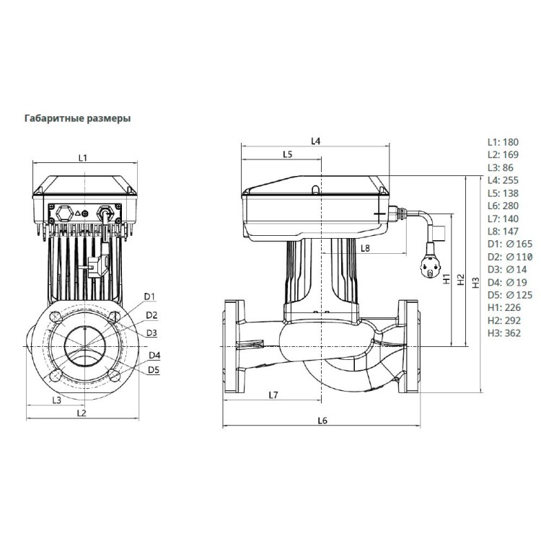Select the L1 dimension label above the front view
(82, 157)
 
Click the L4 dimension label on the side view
(315, 141)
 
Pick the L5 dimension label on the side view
(287, 154)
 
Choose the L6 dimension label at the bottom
(322, 421)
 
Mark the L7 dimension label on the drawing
(273, 395)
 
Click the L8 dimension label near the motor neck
(365, 248)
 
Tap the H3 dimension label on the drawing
(475, 282)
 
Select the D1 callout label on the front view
(150, 296)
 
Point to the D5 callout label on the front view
(153, 370)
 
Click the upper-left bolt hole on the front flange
(55, 317)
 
